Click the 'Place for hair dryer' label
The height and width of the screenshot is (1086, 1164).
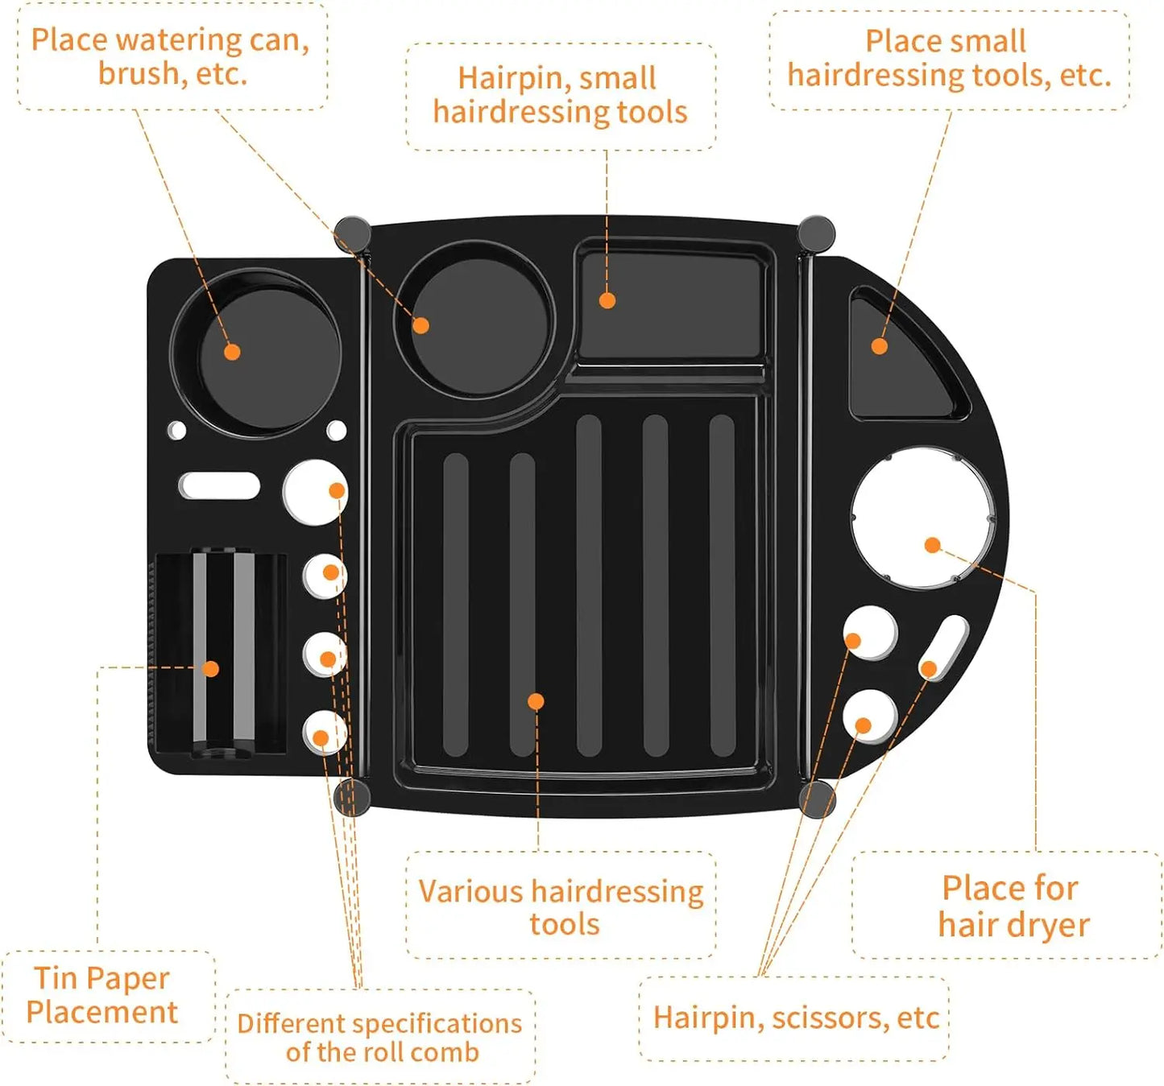pos(1013,906)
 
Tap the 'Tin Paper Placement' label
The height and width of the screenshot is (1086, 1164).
pos(102,995)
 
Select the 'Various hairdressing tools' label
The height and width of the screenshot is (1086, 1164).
pos(561,907)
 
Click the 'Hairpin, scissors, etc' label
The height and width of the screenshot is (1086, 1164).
pos(796,1018)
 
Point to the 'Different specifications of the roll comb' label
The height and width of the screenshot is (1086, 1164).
pos(380,1037)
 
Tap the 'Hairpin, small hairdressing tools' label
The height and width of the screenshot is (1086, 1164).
pos(560,95)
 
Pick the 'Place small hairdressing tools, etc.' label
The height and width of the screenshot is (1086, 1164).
pos(949,58)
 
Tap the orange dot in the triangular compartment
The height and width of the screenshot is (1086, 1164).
pos(880,346)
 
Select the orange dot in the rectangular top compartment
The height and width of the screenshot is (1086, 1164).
pos(607,300)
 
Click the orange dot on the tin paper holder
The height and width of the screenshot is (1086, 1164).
pos(211,668)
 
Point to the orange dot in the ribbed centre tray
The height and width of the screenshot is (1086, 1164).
pos(536,701)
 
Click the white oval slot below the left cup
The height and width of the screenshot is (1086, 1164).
pos(219,486)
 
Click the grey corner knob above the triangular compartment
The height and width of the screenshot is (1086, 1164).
pos(817,233)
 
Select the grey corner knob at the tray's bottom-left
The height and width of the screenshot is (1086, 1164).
pos(352,796)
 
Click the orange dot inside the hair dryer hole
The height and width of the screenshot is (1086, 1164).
pos(933,545)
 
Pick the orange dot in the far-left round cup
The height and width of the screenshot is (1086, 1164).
pos(232,352)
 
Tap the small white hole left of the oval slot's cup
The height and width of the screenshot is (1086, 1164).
pos(176,430)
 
